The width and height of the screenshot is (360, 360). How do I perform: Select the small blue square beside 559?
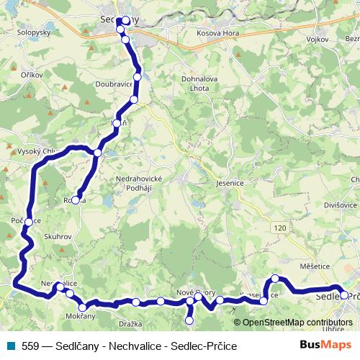[9, 346]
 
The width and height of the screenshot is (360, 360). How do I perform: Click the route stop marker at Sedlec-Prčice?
[344, 294]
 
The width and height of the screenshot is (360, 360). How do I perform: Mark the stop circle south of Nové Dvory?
[189, 320]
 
